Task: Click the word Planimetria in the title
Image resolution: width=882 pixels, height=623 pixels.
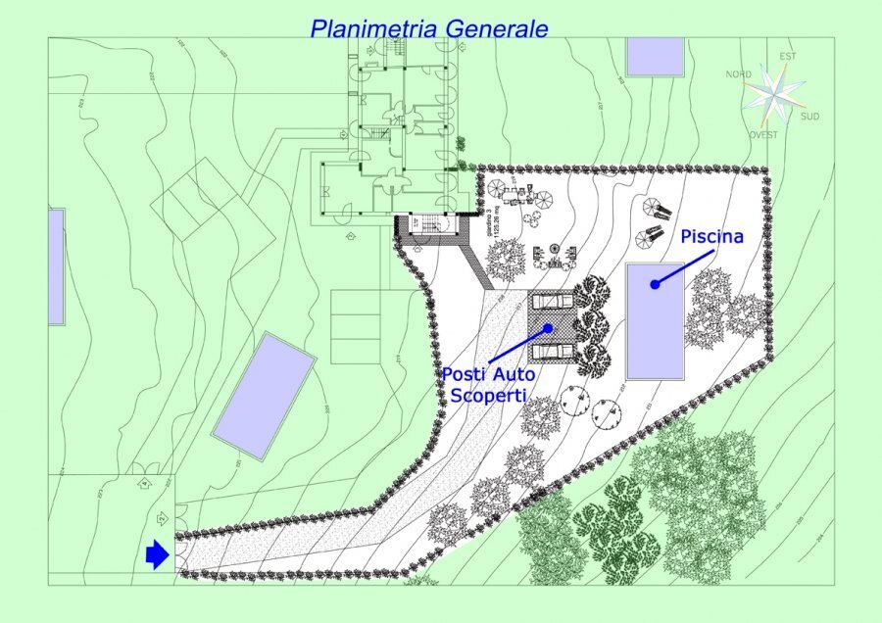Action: click(x=373, y=28)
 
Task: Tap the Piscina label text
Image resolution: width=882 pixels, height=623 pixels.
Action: click(x=712, y=237)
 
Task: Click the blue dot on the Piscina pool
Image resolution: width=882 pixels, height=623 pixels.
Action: click(x=654, y=284)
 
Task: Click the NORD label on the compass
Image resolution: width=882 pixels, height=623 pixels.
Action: click(x=738, y=74)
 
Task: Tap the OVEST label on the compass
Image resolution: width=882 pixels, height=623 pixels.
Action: click(x=763, y=135)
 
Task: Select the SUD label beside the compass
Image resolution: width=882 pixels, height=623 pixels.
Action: click(x=810, y=116)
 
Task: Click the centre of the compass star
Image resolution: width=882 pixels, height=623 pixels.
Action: click(x=773, y=95)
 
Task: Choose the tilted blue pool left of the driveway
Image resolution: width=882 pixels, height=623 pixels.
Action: click(x=263, y=395)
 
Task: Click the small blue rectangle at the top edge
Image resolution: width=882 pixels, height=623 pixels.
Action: click(x=655, y=57)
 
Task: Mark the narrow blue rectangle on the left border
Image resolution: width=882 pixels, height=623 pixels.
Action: click(x=56, y=266)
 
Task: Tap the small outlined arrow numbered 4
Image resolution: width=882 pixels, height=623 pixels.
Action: click(x=144, y=484)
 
